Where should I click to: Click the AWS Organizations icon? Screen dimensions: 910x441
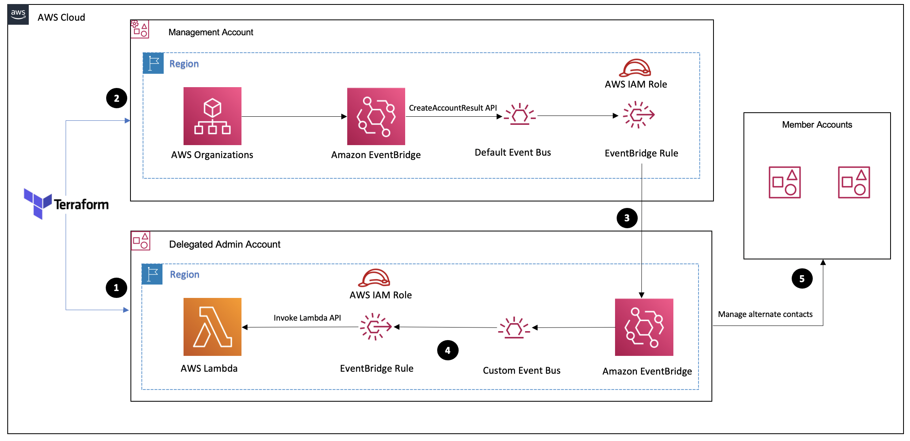click(212, 116)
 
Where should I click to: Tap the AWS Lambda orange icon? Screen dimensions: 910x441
click(212, 327)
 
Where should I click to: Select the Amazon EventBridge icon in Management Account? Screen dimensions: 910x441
click(376, 116)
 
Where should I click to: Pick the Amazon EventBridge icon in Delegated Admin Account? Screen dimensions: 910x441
click(644, 327)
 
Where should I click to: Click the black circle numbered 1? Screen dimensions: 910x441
click(116, 288)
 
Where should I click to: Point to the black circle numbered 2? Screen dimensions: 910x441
click(117, 98)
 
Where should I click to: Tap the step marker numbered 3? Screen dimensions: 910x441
click(627, 218)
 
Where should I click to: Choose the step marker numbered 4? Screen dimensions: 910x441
click(448, 350)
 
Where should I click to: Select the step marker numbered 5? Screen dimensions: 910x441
click(802, 278)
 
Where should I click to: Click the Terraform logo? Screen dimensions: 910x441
click(66, 203)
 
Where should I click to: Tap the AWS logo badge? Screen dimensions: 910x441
click(18, 15)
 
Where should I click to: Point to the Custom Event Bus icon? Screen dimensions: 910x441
click(514, 328)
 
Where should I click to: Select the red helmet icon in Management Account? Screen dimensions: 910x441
click(635, 68)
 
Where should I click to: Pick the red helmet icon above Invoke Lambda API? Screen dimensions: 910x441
click(374, 278)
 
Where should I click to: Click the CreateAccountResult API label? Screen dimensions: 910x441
click(453, 108)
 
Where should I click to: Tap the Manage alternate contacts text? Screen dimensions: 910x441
click(765, 314)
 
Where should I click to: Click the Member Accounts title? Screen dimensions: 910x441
click(817, 124)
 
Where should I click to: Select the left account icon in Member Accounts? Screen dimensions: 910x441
click(784, 182)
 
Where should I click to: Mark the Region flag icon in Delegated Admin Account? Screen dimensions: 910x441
click(152, 274)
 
